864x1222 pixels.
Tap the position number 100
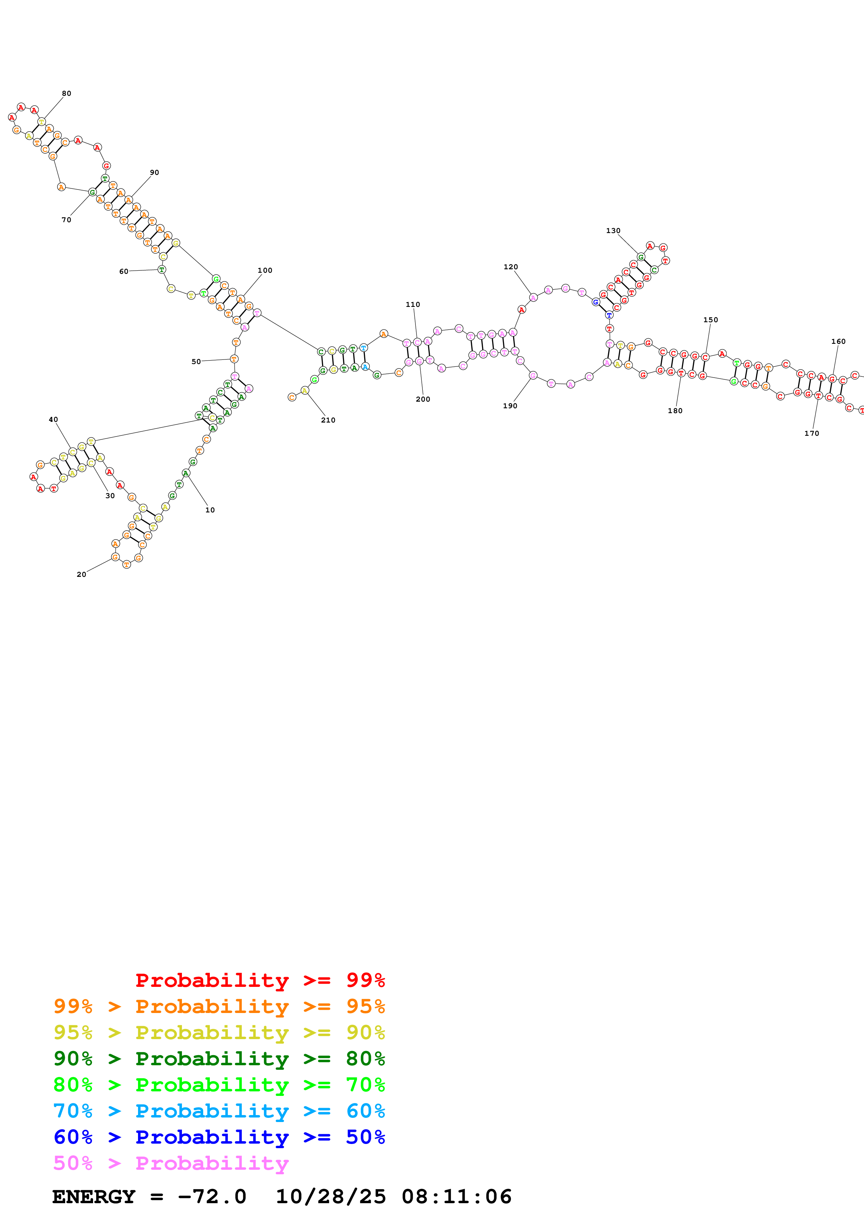(x=265, y=270)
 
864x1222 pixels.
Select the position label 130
(x=613, y=231)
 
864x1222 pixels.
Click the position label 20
(x=81, y=575)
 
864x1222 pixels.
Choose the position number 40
(x=53, y=420)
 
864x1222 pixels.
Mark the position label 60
(x=123, y=271)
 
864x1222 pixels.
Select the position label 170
(x=811, y=434)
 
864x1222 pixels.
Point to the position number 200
(x=423, y=400)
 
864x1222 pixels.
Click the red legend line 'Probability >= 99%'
(x=260, y=980)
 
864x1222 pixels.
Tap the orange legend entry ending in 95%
(x=219, y=1006)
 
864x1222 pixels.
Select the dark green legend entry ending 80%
(x=219, y=1059)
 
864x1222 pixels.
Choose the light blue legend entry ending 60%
(x=219, y=1111)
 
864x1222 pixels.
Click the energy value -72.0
(x=212, y=1197)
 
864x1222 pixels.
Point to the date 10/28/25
(x=330, y=1197)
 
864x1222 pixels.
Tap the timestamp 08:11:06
(x=456, y=1197)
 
